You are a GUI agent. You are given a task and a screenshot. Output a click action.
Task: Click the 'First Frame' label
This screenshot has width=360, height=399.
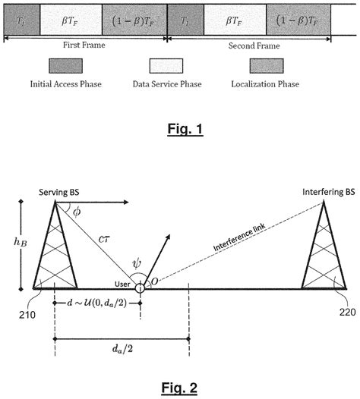click(85, 45)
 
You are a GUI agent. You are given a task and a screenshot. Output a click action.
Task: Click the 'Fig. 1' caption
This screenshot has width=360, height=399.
click(181, 129)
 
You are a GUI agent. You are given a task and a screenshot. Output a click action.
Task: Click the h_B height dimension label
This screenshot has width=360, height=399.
click(21, 245)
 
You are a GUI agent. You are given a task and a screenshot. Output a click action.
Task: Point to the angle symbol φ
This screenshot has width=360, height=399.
click(76, 213)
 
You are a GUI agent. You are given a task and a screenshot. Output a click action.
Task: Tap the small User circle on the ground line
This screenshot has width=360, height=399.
click(140, 288)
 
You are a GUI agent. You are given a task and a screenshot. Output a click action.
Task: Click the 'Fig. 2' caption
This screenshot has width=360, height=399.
click(181, 388)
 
